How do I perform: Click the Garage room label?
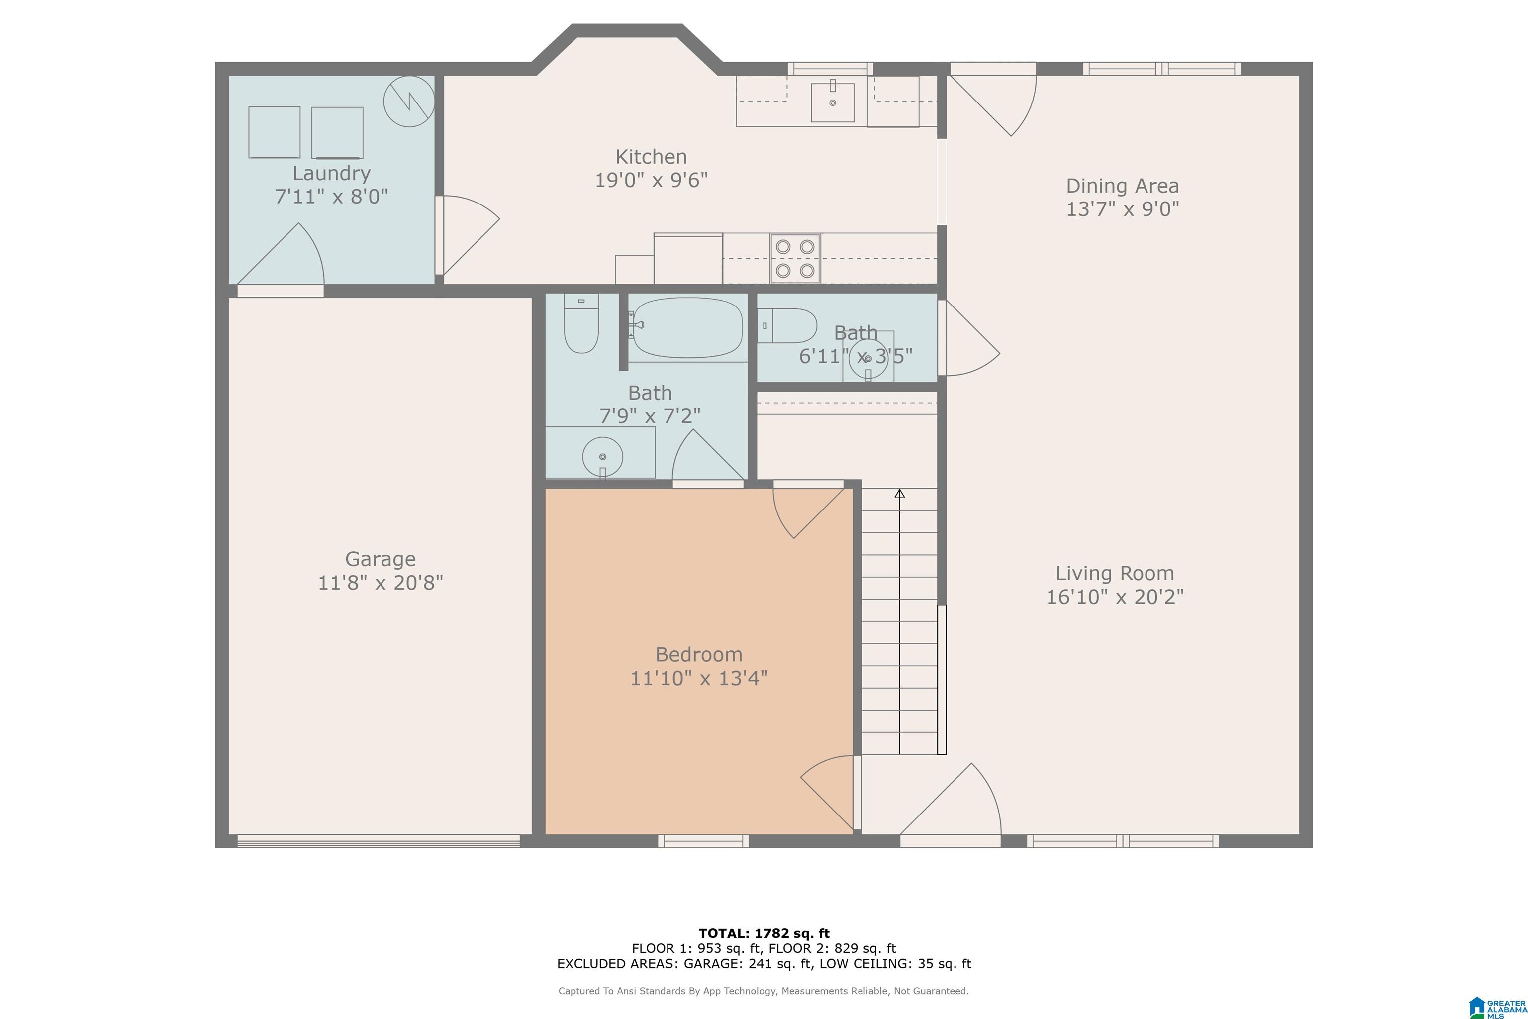(x=380, y=559)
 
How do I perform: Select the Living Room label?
(x=1115, y=573)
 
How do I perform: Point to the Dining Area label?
(x=1122, y=186)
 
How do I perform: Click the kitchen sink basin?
(x=832, y=102)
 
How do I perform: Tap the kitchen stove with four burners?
(x=795, y=258)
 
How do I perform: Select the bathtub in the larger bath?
(x=688, y=327)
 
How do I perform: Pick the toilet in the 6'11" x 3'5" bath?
(x=787, y=325)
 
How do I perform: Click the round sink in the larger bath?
(x=602, y=457)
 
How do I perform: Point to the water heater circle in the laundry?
(x=409, y=102)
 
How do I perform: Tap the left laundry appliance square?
(x=274, y=132)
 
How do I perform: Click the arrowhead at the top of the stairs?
(x=900, y=494)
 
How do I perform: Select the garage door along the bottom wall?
(x=379, y=841)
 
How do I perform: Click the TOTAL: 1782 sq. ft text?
(x=764, y=934)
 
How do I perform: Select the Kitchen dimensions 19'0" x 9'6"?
(x=652, y=180)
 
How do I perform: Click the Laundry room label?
(x=331, y=174)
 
